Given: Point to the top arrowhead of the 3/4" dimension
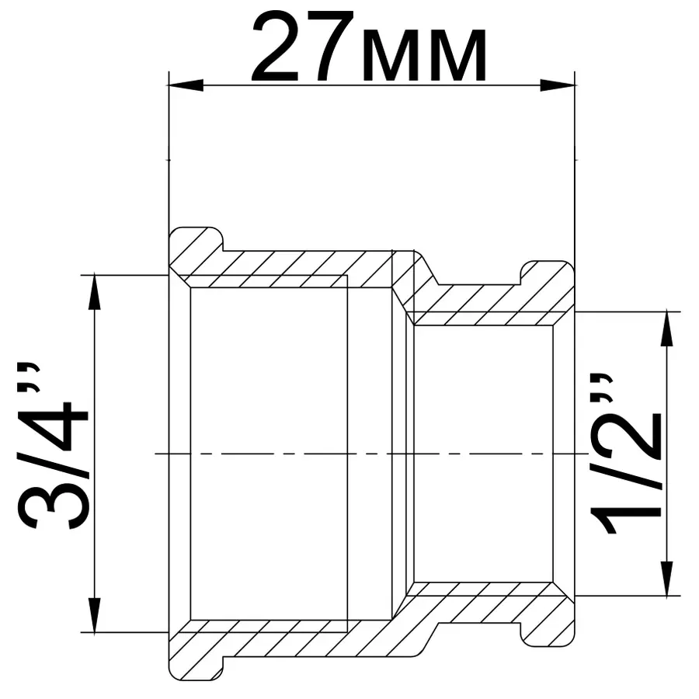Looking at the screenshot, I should pos(95,292).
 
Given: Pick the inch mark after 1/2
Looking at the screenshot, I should pos(601,388).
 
